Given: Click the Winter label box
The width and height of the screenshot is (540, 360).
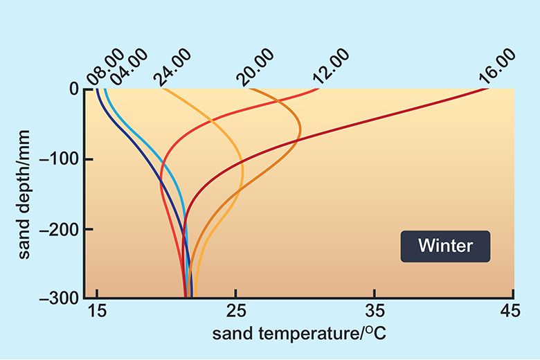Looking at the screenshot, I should coord(445,246).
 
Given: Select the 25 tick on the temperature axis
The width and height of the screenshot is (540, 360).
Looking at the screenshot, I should coord(236,312).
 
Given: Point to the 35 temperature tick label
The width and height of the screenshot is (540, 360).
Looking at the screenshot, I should coord(375,312).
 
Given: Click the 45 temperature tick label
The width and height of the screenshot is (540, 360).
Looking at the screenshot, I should coord(513,312).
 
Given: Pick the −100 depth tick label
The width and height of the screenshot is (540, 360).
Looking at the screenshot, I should coord(62,160).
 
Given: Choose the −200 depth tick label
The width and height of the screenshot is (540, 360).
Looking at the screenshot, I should coord(62,229).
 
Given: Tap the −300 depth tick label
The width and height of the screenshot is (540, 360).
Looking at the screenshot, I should coord(62,298).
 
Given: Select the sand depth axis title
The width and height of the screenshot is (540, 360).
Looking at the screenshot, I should coord(26,194).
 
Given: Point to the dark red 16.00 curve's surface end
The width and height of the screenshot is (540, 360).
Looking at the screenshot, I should coord(487,89).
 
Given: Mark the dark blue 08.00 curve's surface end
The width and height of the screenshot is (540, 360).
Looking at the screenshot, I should coord(97,90).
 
